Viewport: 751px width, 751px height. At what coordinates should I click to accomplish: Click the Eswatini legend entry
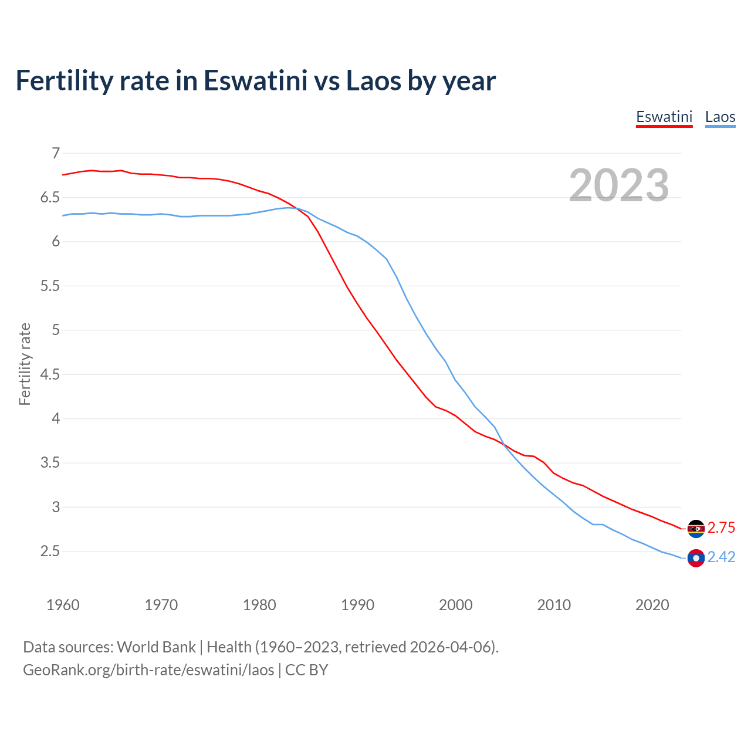coord(664,117)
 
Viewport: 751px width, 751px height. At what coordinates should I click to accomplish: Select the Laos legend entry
coord(720,117)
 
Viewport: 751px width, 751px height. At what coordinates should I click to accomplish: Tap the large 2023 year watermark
coord(618,185)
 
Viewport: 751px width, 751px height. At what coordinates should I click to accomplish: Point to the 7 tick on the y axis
coord(56,154)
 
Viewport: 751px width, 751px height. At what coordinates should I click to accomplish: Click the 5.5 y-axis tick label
coord(50,286)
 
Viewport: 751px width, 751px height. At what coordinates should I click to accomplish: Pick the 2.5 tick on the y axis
coord(50,552)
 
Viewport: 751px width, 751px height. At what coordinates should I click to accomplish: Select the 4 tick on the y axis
coord(56,419)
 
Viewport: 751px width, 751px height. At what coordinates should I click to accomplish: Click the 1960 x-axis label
coord(63,605)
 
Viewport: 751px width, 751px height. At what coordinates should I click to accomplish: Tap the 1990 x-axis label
coord(357,605)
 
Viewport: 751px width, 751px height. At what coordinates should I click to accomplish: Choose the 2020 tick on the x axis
coord(652,605)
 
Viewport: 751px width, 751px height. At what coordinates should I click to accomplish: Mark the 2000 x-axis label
coord(455,605)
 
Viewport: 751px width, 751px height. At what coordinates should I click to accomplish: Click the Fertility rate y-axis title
coord(25,364)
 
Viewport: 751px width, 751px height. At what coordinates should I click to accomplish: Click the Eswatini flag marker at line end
coord(696,529)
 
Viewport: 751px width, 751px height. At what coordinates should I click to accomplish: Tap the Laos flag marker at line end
coord(696,558)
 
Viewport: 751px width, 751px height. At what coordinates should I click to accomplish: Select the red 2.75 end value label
coord(721,528)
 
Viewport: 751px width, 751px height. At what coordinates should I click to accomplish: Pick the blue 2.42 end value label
coord(721,557)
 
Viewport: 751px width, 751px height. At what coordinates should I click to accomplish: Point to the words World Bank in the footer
coord(156,647)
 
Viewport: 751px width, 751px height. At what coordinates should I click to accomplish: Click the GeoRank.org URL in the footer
coord(148,670)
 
